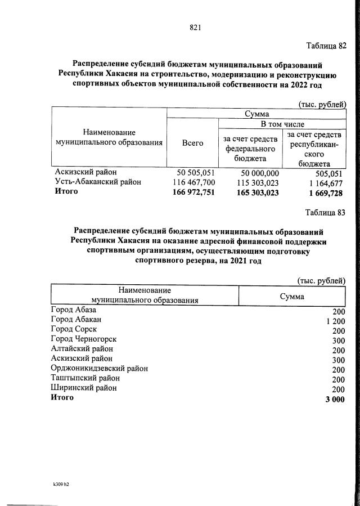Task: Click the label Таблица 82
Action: [326, 46]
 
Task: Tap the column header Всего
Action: [193, 144]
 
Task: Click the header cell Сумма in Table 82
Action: [256, 114]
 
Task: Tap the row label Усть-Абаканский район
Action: [98, 182]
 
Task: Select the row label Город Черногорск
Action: [84, 339]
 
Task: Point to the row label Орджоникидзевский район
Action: [100, 369]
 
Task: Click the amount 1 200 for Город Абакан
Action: [335, 321]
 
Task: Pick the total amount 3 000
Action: [335, 399]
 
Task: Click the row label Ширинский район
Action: [84, 388]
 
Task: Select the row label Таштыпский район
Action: [85, 378]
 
